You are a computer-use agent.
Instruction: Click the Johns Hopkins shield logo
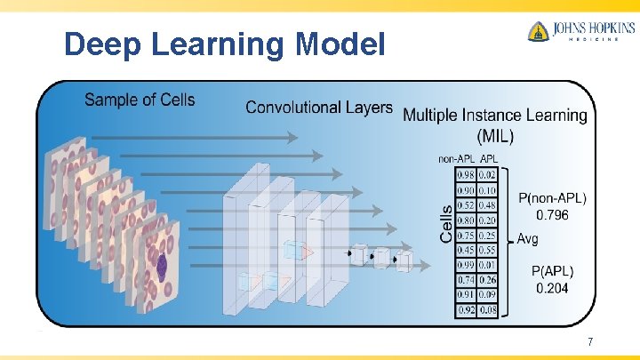click(x=538, y=32)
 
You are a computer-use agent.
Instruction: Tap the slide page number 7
click(x=589, y=342)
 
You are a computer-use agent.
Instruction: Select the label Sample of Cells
click(x=140, y=99)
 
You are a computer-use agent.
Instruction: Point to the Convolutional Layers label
click(x=318, y=108)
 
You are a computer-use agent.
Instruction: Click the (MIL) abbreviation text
click(x=495, y=135)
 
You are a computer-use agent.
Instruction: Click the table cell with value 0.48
click(x=487, y=205)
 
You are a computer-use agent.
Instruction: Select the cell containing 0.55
click(x=487, y=251)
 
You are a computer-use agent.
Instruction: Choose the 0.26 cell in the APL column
click(x=487, y=281)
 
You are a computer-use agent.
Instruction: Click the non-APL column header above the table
click(x=457, y=159)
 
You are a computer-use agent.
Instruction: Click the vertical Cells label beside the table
click(x=446, y=223)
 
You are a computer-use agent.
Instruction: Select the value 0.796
click(x=552, y=213)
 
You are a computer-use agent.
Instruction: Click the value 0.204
click(x=552, y=288)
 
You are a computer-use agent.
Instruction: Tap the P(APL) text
click(x=552, y=271)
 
